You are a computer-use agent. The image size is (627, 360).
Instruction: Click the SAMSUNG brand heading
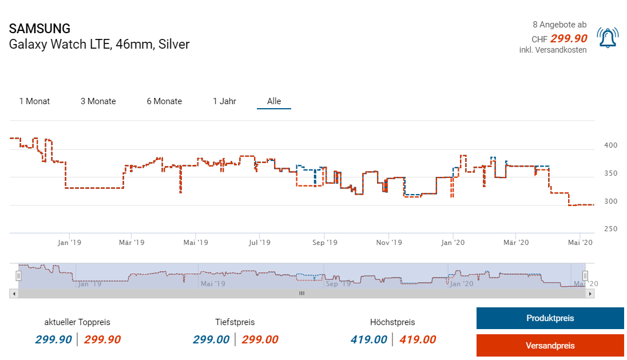(39, 29)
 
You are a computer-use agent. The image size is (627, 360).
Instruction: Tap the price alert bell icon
(607, 38)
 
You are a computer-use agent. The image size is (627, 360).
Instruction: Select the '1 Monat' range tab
(34, 101)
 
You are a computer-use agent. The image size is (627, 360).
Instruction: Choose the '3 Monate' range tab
(98, 101)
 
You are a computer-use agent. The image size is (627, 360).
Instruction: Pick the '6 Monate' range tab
(164, 101)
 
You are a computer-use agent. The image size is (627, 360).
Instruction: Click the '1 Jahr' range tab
(224, 101)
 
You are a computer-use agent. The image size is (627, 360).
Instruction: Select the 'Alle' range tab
(274, 101)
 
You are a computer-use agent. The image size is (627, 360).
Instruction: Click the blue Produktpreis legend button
(550, 318)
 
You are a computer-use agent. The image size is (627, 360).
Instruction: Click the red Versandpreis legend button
(550, 345)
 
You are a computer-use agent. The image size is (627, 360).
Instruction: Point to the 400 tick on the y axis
(611, 146)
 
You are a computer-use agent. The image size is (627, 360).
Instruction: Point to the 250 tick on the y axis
(611, 229)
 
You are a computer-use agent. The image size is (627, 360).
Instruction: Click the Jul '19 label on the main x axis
(260, 243)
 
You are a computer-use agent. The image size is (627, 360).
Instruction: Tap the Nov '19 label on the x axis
(388, 243)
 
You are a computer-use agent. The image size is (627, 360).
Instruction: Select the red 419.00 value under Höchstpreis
(418, 340)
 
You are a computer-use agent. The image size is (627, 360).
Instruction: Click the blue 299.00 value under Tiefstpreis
(211, 340)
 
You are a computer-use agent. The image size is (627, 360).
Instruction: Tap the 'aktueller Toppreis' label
(77, 322)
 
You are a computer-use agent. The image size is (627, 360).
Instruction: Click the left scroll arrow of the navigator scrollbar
(13, 293)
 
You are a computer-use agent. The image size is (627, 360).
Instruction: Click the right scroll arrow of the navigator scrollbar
(590, 293)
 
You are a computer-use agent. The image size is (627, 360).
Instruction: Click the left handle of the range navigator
(18, 276)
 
